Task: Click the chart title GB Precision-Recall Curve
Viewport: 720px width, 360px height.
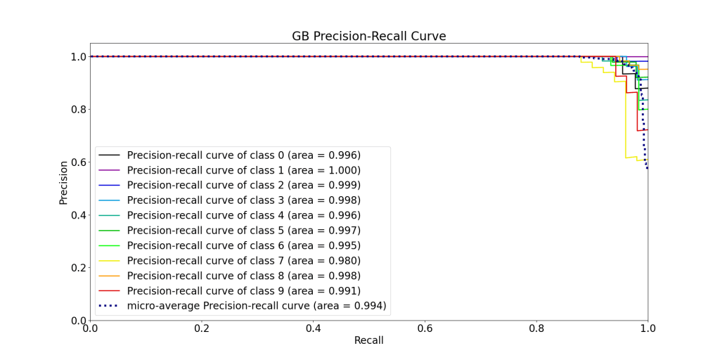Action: pos(368,36)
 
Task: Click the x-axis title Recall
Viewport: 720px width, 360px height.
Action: pos(368,340)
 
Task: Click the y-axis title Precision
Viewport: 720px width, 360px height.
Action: pos(63,183)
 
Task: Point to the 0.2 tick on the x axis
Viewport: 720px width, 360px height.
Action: pos(202,328)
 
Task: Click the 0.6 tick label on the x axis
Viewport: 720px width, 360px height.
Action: pos(425,328)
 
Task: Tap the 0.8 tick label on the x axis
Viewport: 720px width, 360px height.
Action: pos(536,328)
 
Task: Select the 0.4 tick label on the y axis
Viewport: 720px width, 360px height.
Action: pos(77,214)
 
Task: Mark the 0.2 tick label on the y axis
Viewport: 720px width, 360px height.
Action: pos(77,267)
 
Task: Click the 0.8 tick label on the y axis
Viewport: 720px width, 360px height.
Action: pos(77,109)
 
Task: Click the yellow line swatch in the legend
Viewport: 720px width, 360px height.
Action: pos(109,260)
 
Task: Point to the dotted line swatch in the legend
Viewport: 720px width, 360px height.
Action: pos(109,305)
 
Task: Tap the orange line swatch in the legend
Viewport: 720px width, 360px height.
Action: pos(109,276)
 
